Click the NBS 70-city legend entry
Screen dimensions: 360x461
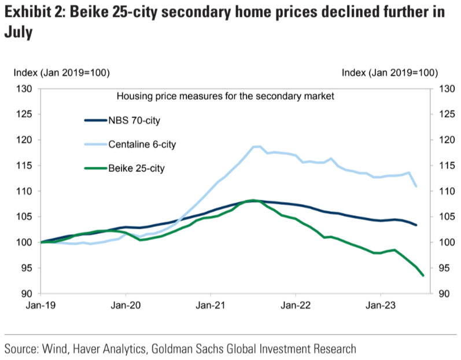click(x=134, y=120)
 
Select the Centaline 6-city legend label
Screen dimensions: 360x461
click(x=141, y=144)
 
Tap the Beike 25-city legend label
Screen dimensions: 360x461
click(x=137, y=168)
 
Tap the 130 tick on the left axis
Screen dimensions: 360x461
click(x=23, y=89)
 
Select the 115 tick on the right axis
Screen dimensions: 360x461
click(x=448, y=166)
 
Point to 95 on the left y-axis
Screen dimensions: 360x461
click(x=25, y=268)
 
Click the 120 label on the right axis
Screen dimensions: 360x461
click(x=448, y=140)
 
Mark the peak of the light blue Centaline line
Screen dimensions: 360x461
click(x=257, y=146)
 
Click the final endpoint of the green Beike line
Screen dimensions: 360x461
click(x=423, y=275)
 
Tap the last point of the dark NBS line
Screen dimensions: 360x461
click(x=416, y=225)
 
